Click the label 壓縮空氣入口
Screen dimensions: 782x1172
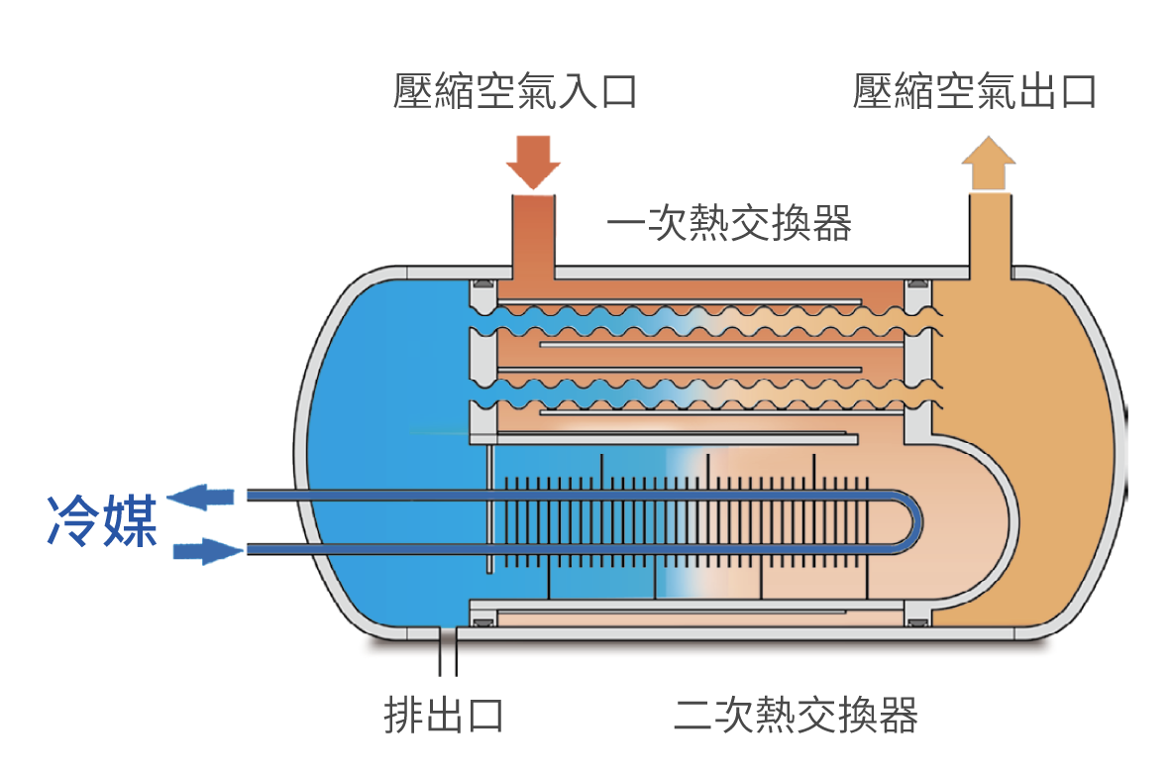click(x=514, y=91)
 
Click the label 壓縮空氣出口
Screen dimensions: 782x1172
click(x=974, y=91)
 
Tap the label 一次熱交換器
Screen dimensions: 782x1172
click(x=729, y=224)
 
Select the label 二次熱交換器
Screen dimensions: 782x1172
click(x=796, y=714)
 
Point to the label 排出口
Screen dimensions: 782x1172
click(x=444, y=714)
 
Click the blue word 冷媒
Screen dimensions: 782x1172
click(x=102, y=522)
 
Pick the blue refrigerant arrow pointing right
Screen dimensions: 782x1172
click(x=208, y=550)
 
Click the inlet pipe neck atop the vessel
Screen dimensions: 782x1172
click(x=533, y=233)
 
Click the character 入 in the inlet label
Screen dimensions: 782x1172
click(x=576, y=91)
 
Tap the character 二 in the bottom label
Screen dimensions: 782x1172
click(x=693, y=714)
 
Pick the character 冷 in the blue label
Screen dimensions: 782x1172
click(x=73, y=522)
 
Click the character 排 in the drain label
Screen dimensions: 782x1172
click(x=403, y=714)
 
